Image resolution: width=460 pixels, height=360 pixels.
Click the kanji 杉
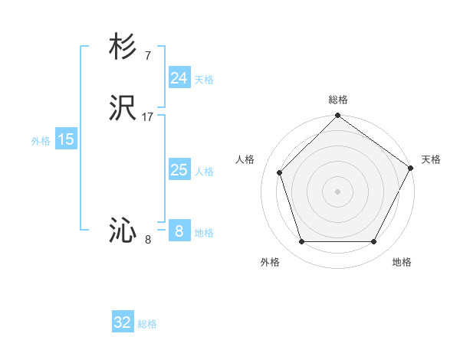coord(123,47)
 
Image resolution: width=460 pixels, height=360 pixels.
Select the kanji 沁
coord(123,231)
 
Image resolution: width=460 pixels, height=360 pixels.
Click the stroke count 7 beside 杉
coord(147,55)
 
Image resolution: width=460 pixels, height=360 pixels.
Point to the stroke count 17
coord(148,117)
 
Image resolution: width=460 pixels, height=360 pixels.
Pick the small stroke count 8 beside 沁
coord(148,240)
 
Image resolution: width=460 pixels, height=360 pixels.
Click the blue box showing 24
coord(179,78)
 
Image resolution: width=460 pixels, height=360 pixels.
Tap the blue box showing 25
coord(179,170)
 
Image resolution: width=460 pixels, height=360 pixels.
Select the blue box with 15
coord(66,139)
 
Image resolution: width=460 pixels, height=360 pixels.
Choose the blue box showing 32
coord(123,322)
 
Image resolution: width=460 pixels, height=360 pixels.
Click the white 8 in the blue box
coord(179,231)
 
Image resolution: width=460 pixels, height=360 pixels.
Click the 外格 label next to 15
coord(41,141)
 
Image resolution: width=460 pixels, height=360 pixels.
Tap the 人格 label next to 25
coord(205,172)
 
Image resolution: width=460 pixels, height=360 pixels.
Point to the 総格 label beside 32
coord(148,324)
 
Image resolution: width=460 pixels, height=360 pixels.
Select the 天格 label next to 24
coord(205,80)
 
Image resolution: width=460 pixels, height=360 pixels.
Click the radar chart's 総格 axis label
coord(337,100)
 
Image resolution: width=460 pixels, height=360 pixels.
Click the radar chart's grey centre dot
coord(337,191)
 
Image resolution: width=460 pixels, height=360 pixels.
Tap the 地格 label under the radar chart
coord(402,262)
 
